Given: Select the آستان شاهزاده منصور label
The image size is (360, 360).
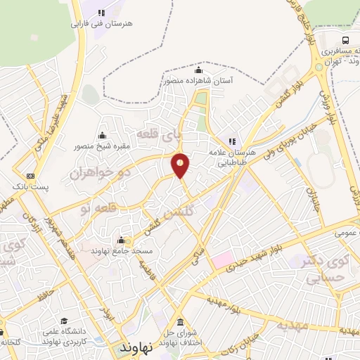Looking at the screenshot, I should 198,81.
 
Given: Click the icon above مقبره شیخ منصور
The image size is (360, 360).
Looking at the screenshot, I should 103,136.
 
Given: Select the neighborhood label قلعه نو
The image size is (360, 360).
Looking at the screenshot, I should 94,207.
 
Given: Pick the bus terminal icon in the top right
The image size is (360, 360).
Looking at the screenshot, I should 345,40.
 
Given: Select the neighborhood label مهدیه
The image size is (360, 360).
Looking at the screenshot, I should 290,325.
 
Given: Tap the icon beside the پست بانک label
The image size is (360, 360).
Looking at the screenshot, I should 30,176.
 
